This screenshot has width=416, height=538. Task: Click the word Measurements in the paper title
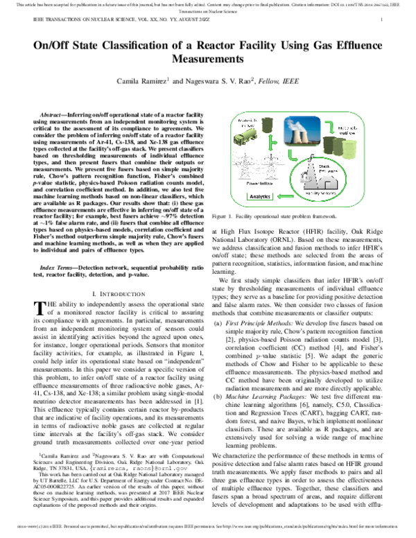pos(208,60)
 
